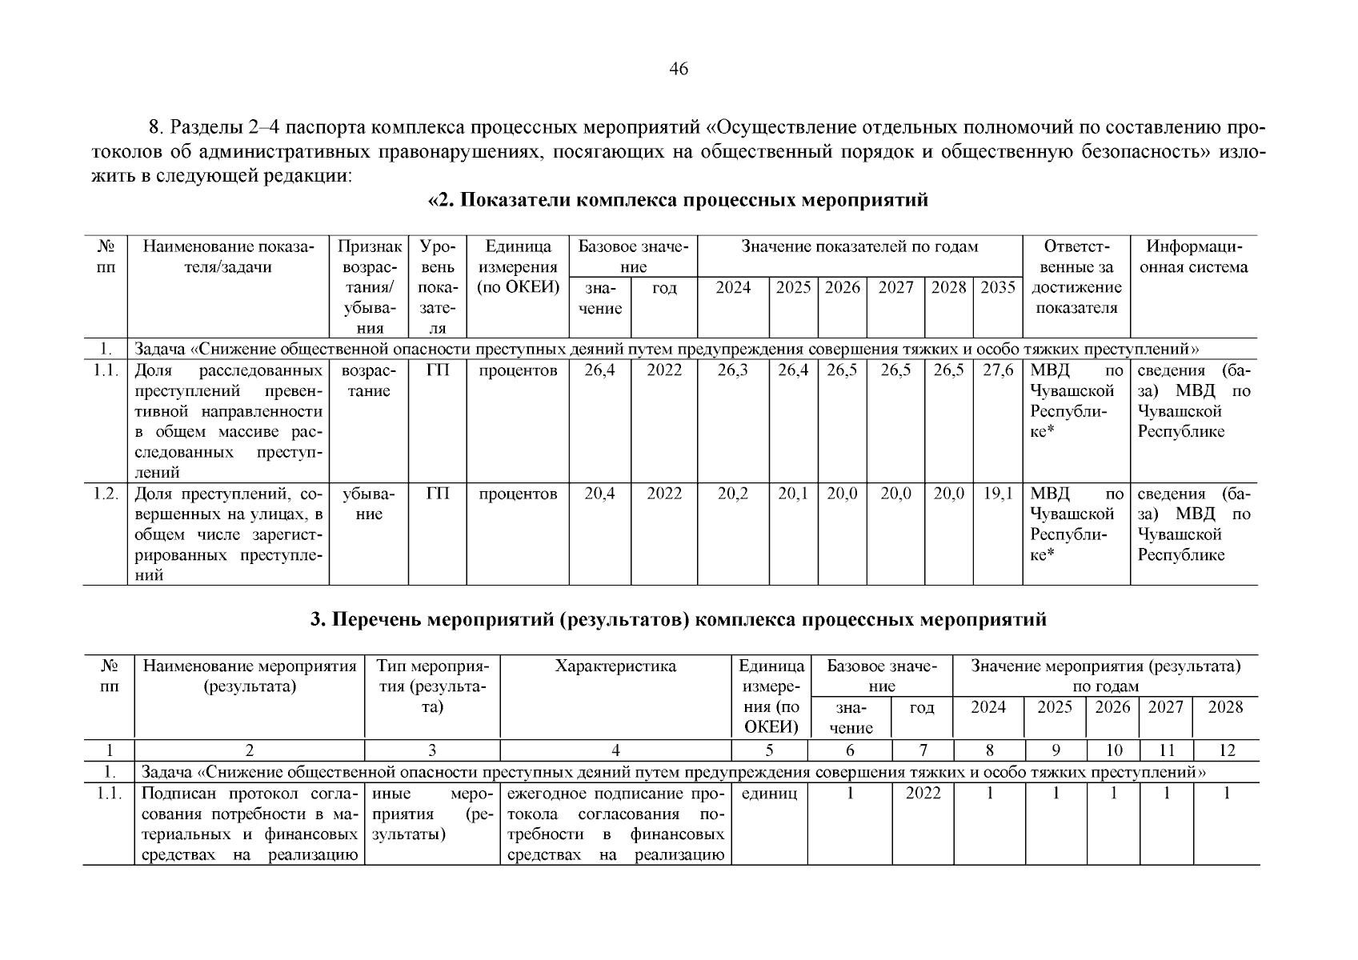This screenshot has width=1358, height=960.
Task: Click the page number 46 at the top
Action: (x=678, y=70)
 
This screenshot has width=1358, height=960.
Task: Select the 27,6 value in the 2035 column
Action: (x=998, y=371)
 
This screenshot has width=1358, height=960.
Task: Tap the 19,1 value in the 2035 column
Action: (x=998, y=494)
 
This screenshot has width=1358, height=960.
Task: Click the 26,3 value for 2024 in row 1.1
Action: (x=733, y=371)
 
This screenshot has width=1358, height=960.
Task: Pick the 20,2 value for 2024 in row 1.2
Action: (x=733, y=494)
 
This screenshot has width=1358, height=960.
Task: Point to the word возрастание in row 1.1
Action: (x=368, y=381)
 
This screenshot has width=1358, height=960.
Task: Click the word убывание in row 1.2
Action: (x=368, y=504)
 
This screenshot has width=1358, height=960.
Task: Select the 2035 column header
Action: (x=998, y=288)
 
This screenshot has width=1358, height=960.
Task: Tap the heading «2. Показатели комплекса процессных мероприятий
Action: (x=679, y=200)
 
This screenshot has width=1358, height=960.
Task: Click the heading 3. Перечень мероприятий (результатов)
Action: (x=679, y=620)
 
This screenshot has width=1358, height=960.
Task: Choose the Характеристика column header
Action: (x=615, y=666)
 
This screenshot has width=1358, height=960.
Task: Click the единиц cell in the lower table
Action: (x=770, y=794)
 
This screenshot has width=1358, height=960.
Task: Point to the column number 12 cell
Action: (x=1226, y=750)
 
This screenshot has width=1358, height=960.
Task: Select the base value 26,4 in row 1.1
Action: (x=599, y=371)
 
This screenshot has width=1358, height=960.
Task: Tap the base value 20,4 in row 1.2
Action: (x=599, y=494)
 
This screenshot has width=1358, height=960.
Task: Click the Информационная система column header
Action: (x=1193, y=257)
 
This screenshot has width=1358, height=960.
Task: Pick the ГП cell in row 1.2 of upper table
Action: (x=438, y=494)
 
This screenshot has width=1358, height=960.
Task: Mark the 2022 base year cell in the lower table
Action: (x=923, y=794)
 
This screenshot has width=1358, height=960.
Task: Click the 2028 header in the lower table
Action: (x=1226, y=707)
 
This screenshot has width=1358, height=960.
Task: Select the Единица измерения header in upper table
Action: (x=517, y=267)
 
